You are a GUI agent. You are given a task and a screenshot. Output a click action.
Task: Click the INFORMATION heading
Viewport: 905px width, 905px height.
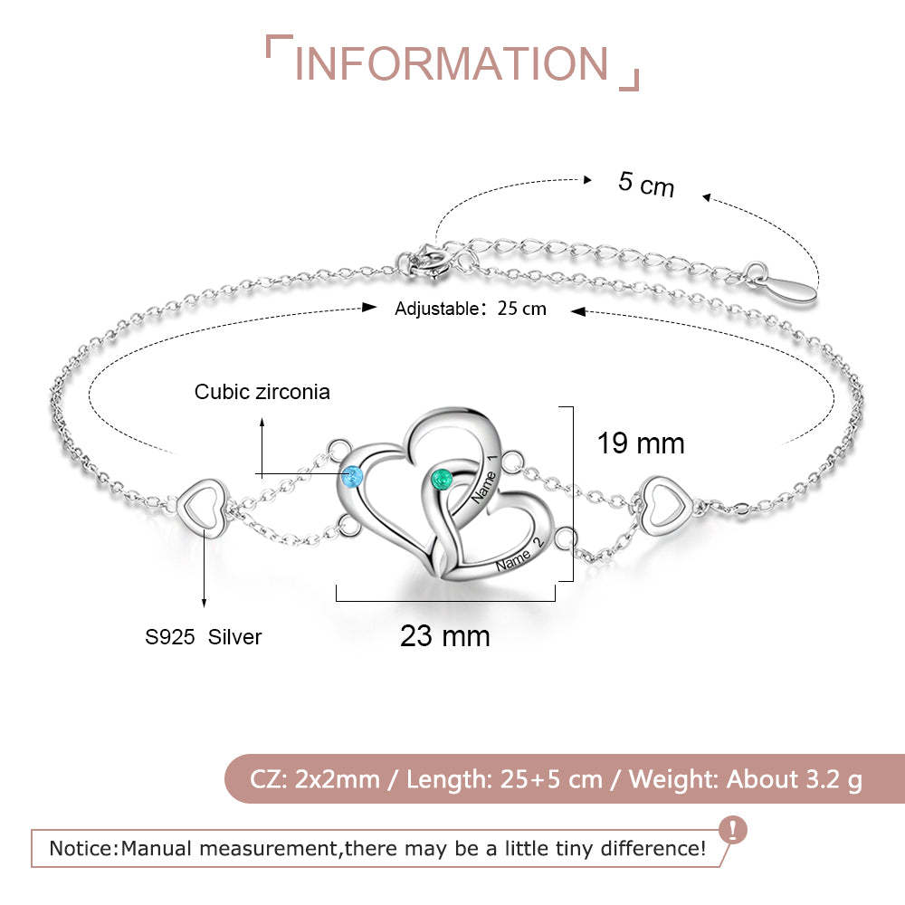coord(452,63)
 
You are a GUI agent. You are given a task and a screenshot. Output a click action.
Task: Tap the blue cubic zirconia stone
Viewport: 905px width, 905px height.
coord(351,477)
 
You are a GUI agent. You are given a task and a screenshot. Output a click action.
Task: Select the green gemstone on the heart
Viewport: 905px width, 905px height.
coord(443,480)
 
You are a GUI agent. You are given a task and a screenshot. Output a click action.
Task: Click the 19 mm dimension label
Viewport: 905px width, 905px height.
coord(641,443)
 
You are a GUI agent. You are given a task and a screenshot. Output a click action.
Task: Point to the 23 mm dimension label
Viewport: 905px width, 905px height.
coord(445,636)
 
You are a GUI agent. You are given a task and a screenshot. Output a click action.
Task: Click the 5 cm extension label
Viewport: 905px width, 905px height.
coord(646,184)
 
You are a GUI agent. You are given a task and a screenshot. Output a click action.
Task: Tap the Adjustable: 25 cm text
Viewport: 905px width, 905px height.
coord(471,309)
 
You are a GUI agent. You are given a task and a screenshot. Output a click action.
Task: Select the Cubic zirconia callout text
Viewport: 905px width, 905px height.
coord(262,392)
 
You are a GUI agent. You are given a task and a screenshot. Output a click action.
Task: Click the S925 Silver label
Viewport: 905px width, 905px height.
coord(203,637)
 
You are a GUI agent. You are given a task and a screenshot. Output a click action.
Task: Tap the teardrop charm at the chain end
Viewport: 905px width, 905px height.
coord(789,288)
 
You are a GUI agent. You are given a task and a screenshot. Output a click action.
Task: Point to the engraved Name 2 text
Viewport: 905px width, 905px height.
coord(519,554)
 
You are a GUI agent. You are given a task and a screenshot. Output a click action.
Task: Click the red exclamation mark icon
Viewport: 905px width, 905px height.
coord(733,830)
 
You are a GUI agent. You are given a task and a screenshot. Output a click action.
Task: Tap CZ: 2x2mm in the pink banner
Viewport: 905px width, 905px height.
coord(315,779)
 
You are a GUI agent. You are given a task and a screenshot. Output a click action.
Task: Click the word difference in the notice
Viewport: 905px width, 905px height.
coord(653,849)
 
